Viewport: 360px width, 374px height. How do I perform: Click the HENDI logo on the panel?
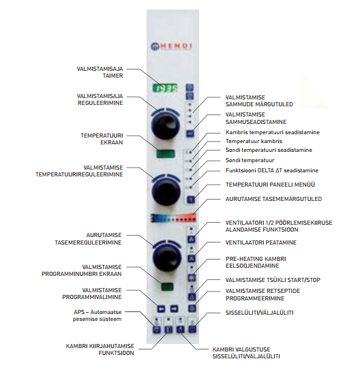pyautogui.click(x=171, y=46)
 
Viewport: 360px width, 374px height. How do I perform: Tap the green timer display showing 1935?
pyautogui.click(x=165, y=89)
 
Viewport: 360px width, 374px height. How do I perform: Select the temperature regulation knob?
pyautogui.click(x=166, y=191)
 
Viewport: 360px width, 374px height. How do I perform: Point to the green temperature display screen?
pyautogui.click(x=166, y=154)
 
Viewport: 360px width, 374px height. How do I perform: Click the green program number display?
pyautogui.click(x=167, y=287)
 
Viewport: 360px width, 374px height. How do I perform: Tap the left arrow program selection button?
pyautogui.click(x=161, y=309)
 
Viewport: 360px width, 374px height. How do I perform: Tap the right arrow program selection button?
pyautogui.click(x=174, y=309)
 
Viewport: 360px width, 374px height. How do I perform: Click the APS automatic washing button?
pyautogui.click(x=156, y=330)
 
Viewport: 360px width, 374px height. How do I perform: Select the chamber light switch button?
pyautogui.click(x=180, y=330)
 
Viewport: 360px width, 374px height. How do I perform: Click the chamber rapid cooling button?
pyautogui.click(x=168, y=330)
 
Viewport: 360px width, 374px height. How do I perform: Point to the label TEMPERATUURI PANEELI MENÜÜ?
pyautogui.click(x=270, y=185)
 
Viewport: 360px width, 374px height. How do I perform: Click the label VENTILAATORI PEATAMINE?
pyautogui.click(x=261, y=243)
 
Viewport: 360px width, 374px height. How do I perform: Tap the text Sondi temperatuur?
pyautogui.click(x=250, y=160)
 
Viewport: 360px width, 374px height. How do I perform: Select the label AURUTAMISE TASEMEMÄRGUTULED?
pyautogui.click(x=273, y=199)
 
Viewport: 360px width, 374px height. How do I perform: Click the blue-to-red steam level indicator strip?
pyautogui.click(x=174, y=218)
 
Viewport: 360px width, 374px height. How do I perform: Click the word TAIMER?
pyautogui.click(x=113, y=76)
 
